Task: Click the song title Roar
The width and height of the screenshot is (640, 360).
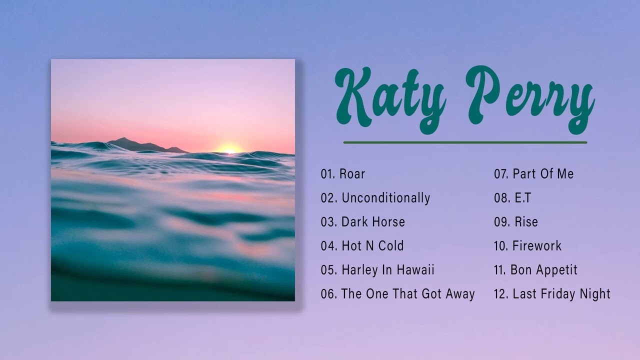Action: tap(352, 174)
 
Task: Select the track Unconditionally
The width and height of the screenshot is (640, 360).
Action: tap(385, 198)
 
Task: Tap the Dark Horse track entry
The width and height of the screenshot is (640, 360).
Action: tap(373, 222)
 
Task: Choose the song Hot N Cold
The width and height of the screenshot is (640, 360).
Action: tap(372, 246)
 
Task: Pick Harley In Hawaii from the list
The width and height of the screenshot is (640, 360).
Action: tap(388, 270)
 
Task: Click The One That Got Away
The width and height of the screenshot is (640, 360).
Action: tap(408, 294)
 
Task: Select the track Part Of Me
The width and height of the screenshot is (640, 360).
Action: tap(543, 174)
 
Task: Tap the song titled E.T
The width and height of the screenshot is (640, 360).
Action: tap(522, 198)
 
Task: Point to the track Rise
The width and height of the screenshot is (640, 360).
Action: tap(526, 222)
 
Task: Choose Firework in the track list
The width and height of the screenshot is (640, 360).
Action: tap(537, 246)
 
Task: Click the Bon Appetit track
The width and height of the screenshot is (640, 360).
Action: tap(544, 270)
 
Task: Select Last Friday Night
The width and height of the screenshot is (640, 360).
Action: tap(561, 294)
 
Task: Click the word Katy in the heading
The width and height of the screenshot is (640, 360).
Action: tap(390, 97)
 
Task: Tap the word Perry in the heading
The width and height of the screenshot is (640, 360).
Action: tap(530, 97)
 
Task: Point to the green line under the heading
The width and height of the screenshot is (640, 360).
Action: tap(465, 142)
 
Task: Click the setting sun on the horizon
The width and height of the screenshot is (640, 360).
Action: tap(229, 149)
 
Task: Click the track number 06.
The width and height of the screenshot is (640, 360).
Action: tap(328, 294)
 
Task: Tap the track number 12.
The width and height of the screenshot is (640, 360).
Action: tap(501, 294)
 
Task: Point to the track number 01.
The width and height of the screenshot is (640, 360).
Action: tap(327, 174)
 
